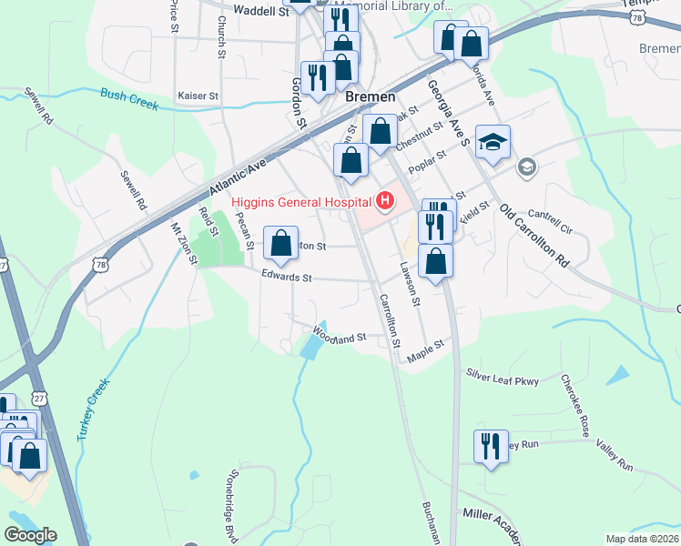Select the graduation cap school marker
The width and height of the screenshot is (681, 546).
coord(493,143)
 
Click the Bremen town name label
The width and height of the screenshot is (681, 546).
coord(371,96)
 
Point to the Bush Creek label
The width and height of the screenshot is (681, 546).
coord(129,99)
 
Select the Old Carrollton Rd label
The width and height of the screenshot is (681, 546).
coord(534,235)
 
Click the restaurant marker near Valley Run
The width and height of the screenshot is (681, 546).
coord(491,447)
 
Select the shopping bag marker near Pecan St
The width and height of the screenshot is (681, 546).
coord(281,243)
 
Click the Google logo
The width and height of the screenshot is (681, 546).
coord(31,535)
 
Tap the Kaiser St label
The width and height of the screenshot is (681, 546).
coord(198,95)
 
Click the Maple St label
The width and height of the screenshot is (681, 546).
coord(424,350)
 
